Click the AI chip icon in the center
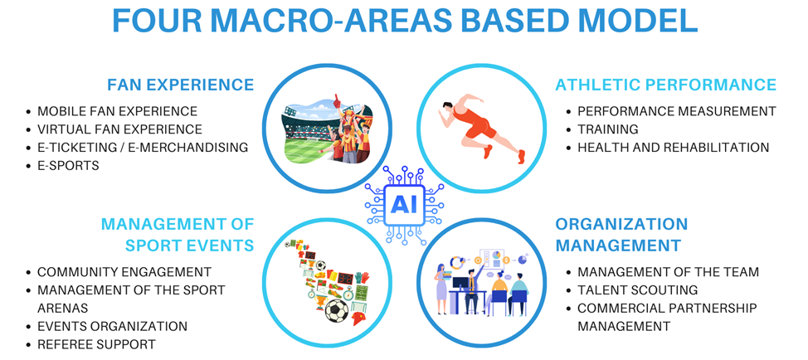click(404, 205)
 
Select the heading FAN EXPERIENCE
click(180, 85)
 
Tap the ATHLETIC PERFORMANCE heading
click(666, 85)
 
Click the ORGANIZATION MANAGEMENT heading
click(621, 235)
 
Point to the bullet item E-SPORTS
click(68, 166)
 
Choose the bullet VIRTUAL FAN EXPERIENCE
click(119, 129)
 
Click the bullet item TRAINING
click(608, 129)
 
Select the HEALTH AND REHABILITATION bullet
click(673, 148)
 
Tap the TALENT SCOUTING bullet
click(637, 290)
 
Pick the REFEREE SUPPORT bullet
click(96, 344)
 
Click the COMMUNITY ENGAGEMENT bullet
click(124, 272)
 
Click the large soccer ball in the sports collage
click(337, 310)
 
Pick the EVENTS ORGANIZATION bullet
click(112, 326)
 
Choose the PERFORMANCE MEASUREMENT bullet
click(677, 110)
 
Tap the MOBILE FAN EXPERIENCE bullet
click(118, 110)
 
